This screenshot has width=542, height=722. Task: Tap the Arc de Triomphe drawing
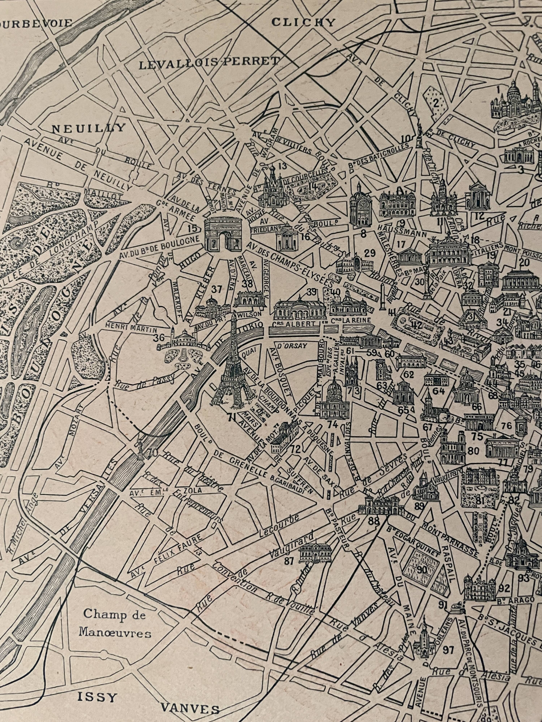223,234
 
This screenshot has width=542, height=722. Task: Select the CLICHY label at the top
304,22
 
